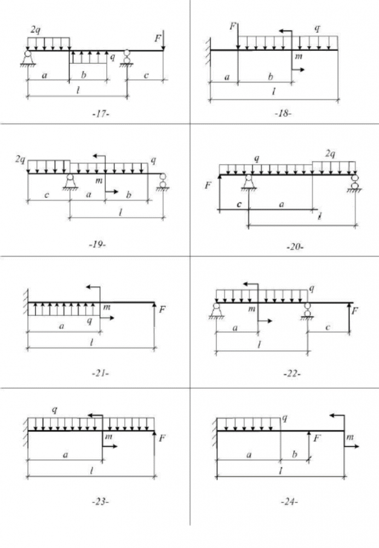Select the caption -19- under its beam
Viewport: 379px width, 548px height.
coord(97,244)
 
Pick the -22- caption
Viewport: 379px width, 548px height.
coord(292,374)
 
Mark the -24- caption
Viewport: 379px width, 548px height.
coord(289,501)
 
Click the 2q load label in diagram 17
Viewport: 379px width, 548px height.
coord(36,28)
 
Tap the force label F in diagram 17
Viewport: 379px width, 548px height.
coord(158,38)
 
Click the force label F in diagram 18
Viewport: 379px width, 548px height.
coord(233,25)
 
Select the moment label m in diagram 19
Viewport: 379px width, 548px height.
coord(99,180)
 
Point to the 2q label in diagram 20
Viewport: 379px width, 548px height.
coord(330,155)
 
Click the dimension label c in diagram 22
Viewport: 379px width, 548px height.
coord(327,328)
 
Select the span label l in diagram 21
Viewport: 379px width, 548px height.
coord(91,342)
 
